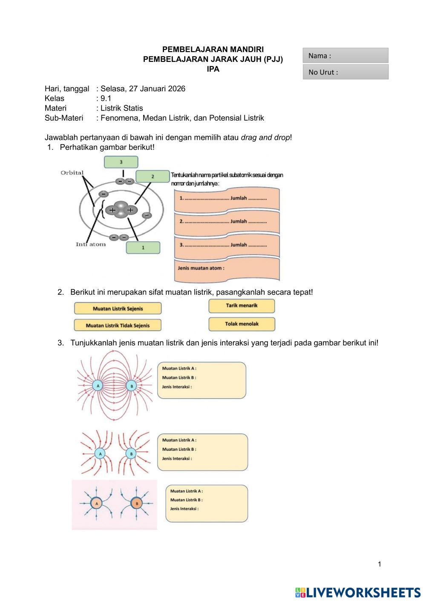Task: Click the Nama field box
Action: coord(345,55)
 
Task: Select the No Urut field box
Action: coord(345,72)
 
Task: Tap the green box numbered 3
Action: coord(121,162)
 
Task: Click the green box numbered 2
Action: coord(153,176)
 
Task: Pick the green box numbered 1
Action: coord(143,247)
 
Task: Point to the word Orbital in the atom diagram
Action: coord(72,173)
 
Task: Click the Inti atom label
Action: coord(91,244)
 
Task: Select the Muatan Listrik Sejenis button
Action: coord(118,308)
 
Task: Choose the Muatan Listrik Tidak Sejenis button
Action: coord(118,325)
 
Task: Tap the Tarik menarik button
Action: coord(242,306)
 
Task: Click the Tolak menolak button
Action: coord(242,324)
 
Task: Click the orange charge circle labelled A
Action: coord(96,504)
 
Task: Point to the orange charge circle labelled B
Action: coord(137,504)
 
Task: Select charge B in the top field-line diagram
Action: coord(132,386)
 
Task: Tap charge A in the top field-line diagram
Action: coord(98,386)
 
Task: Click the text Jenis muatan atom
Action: coord(201,268)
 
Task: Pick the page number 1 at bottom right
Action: coord(380,564)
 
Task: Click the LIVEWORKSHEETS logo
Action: coord(358,592)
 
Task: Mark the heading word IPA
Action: coord(213,69)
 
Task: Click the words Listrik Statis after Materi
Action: coord(122,108)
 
